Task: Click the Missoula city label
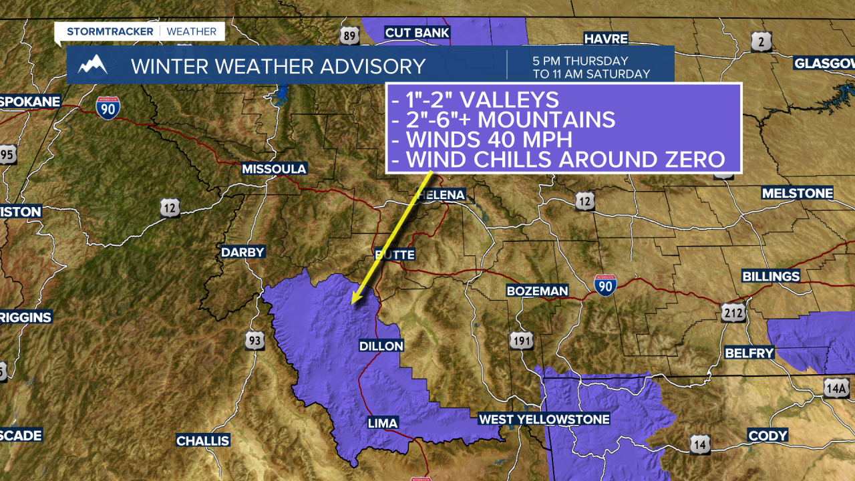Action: click(x=274, y=169)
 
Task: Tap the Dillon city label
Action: click(x=381, y=346)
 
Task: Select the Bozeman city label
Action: click(x=537, y=291)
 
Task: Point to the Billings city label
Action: click(x=771, y=277)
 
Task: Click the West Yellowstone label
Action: click(x=544, y=420)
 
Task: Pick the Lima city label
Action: click(x=383, y=423)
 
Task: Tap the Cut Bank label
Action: click(x=417, y=33)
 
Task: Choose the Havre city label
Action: click(x=607, y=38)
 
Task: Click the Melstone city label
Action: click(x=798, y=194)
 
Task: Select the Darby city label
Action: click(x=243, y=252)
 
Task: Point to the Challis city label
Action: click(x=203, y=441)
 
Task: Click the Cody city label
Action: click(x=767, y=436)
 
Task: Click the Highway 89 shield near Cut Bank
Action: click(x=349, y=36)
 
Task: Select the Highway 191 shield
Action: click(x=522, y=341)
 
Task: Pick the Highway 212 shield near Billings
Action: click(x=733, y=313)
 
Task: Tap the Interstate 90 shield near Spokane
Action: click(x=108, y=108)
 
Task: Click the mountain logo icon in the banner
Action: click(x=93, y=65)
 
